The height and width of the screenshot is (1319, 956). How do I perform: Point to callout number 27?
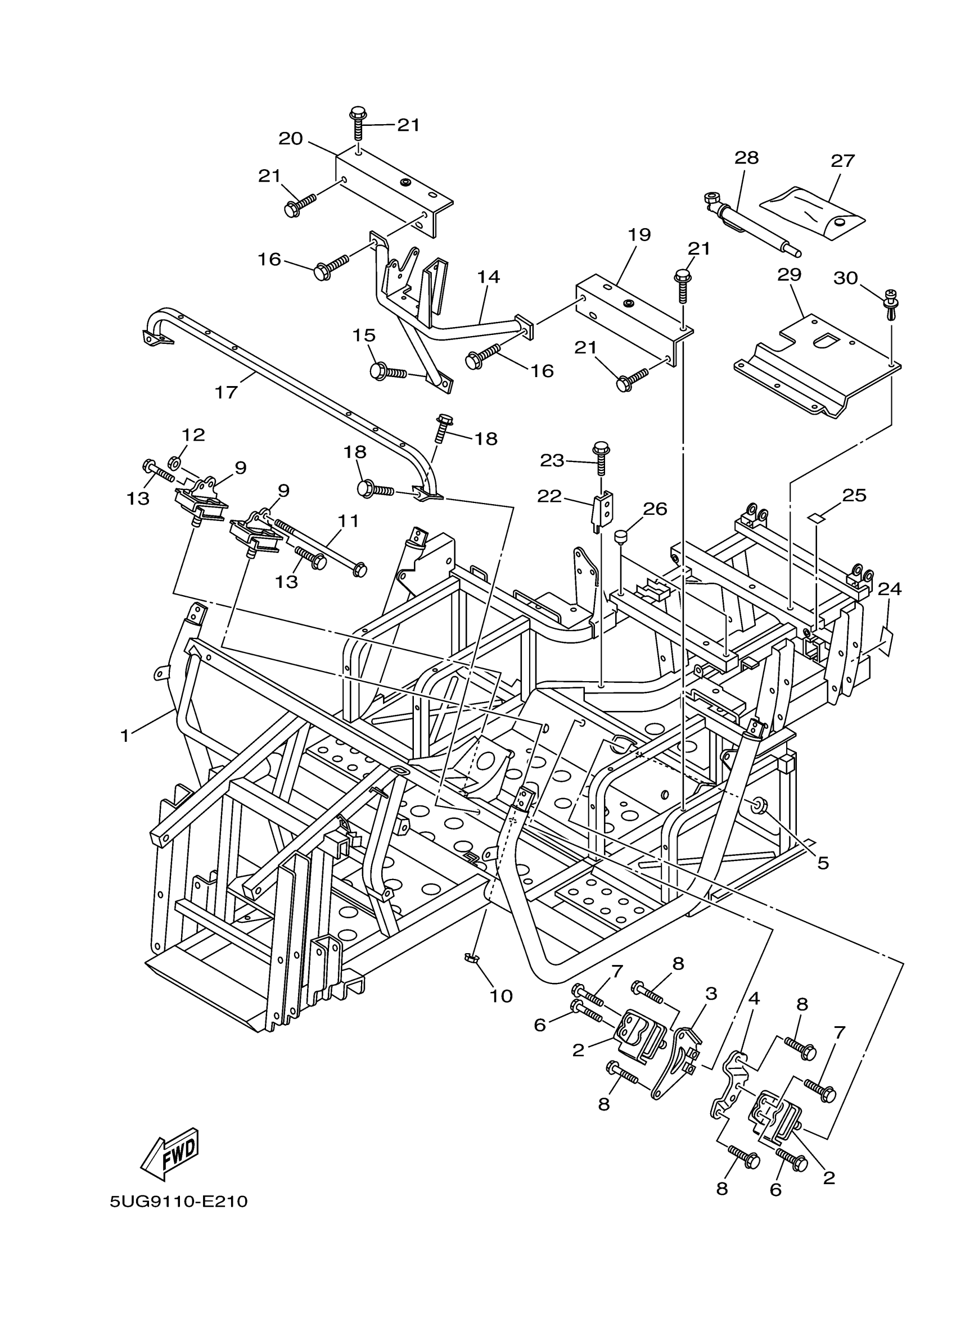[842, 161]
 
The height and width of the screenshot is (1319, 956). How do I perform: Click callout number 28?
[747, 157]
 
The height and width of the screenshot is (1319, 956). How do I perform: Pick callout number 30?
[845, 278]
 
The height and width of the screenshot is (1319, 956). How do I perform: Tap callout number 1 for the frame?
[124, 736]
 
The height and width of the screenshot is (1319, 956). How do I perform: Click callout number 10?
[501, 996]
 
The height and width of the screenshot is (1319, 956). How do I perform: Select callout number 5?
[822, 863]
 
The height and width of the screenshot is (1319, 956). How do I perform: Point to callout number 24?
[890, 589]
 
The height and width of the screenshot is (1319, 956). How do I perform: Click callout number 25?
[854, 496]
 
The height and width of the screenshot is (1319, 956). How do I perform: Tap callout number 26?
[655, 509]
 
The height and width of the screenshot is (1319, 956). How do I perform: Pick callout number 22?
[549, 496]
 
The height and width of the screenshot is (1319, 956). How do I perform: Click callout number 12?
[193, 434]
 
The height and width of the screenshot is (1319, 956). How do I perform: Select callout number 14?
[489, 277]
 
